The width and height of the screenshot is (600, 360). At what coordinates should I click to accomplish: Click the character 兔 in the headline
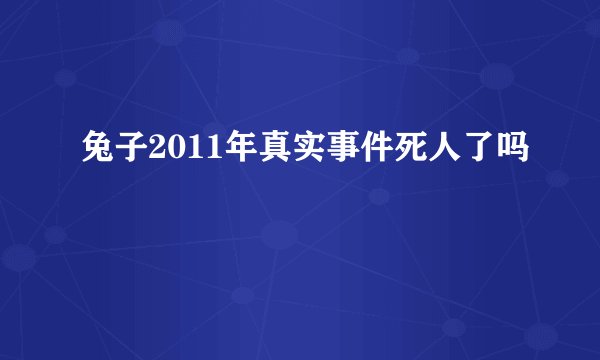point(96,153)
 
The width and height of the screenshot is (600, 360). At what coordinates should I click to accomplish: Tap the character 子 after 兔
point(129,153)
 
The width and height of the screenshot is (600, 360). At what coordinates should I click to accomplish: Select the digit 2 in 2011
point(154,153)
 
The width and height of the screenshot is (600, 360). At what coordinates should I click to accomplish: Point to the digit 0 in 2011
point(170,153)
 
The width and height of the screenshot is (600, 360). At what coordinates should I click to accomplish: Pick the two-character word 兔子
point(112,153)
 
